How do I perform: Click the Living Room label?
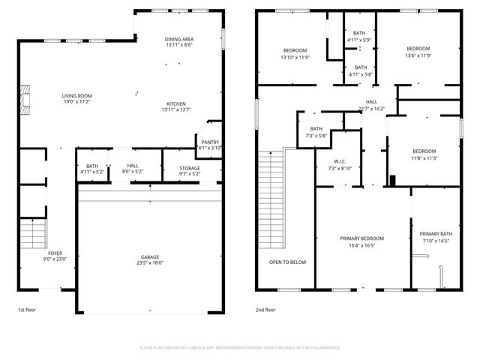(x=76, y=96)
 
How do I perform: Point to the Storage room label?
(x=189, y=168)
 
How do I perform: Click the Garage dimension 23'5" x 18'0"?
(x=150, y=263)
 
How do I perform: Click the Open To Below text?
(x=288, y=262)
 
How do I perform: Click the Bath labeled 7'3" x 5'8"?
(x=316, y=132)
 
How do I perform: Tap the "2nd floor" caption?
(x=265, y=309)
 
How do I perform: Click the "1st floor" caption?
(x=27, y=309)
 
